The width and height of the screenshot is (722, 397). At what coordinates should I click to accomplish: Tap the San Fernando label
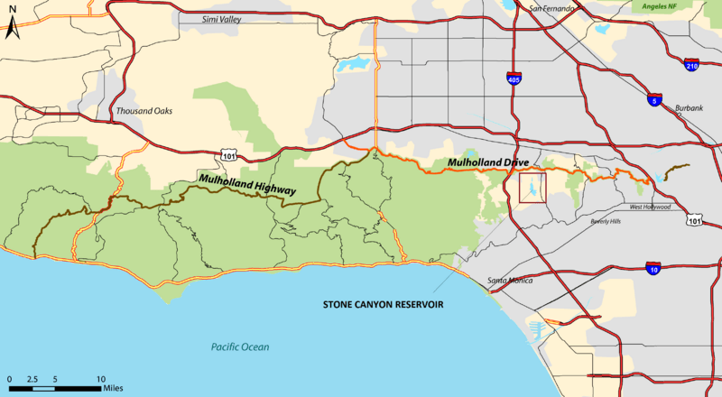coord(551,9)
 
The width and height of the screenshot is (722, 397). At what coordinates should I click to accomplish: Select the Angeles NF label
coord(692,6)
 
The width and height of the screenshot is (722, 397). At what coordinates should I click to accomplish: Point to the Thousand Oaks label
coord(143,111)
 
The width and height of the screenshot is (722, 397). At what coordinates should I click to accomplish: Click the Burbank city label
coord(689,108)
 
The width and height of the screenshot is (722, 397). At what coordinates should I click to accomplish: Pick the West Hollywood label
coord(650,207)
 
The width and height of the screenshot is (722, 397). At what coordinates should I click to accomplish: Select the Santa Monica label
coord(510,282)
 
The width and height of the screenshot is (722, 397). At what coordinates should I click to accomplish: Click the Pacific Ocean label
coord(240,347)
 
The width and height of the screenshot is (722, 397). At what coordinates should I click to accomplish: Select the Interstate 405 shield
coord(514,79)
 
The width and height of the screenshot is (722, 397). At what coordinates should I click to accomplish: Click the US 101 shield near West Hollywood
coord(693,219)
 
